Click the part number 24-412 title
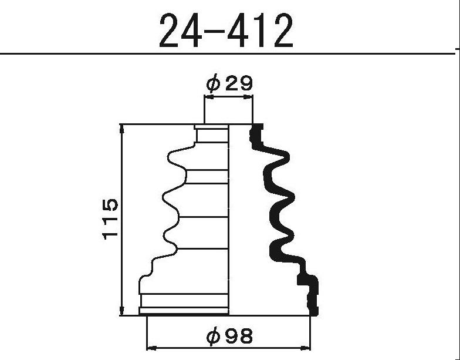pyautogui.click(x=226, y=31)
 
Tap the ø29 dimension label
pyautogui.click(x=229, y=83)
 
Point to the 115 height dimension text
pyautogui.click(x=110, y=219)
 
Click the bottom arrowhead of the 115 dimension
pyautogui.click(x=122, y=311)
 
